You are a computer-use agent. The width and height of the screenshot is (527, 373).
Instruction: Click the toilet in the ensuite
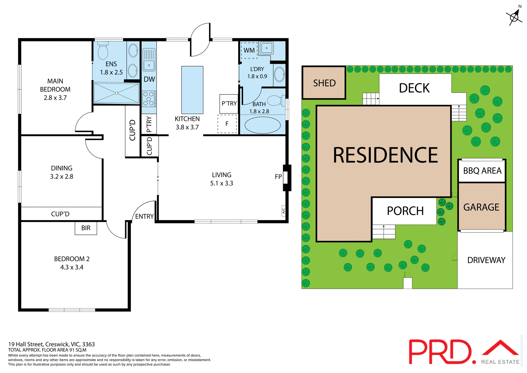(x=103, y=51)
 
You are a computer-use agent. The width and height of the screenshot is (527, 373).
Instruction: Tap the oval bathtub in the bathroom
(x=262, y=125)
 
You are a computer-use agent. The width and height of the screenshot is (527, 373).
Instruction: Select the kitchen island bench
(x=192, y=90)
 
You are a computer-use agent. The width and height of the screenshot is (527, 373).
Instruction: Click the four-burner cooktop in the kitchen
(x=148, y=99)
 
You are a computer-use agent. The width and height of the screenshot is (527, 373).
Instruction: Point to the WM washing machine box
(x=249, y=50)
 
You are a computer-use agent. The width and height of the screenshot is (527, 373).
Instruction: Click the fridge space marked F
(x=227, y=124)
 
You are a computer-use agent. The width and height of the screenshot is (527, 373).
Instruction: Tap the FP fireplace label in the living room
(x=278, y=177)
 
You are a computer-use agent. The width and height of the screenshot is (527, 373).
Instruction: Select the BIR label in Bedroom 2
(x=86, y=228)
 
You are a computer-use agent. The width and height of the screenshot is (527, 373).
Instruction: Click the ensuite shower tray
(x=116, y=93)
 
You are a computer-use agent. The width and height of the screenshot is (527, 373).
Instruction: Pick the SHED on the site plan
(x=324, y=83)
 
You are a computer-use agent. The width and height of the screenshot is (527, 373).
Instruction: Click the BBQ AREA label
(x=482, y=171)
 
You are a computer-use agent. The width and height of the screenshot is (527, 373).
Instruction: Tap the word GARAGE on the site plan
(x=481, y=207)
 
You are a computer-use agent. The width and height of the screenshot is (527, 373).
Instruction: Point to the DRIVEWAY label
(x=486, y=260)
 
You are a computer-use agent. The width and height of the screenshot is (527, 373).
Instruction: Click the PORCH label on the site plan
(x=405, y=211)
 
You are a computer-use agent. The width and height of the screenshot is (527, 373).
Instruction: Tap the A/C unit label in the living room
(x=284, y=211)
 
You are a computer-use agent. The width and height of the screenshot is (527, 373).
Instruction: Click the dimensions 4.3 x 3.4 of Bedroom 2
(x=72, y=267)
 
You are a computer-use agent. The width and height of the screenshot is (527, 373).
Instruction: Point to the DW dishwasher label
(x=149, y=79)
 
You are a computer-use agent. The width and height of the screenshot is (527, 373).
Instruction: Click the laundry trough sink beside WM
(x=267, y=48)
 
